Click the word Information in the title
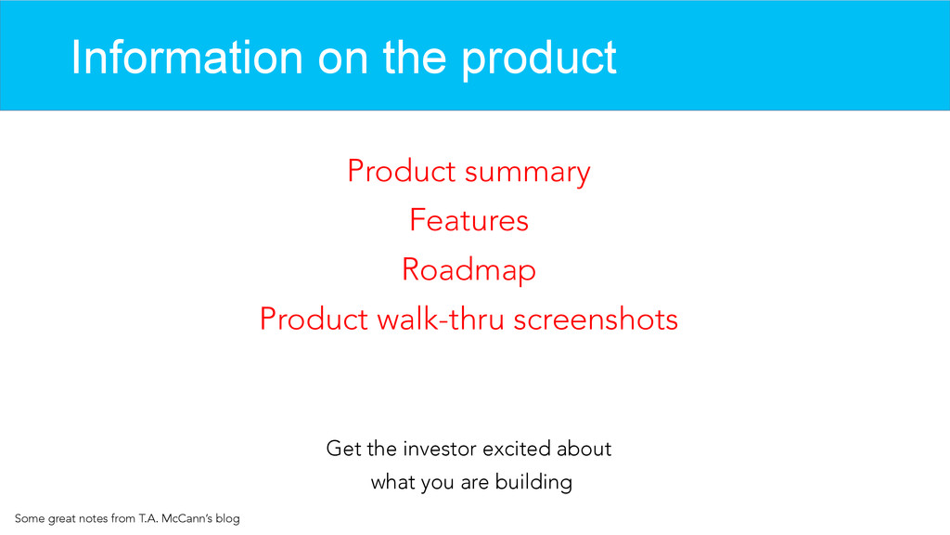pyautogui.click(x=186, y=58)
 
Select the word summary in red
pyautogui.click(x=527, y=173)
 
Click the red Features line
pyautogui.click(x=469, y=220)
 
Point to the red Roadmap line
pyautogui.click(x=469, y=270)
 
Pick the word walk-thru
pyautogui.click(x=441, y=320)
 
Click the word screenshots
pyautogui.click(x=596, y=320)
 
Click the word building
pyautogui.click(x=533, y=483)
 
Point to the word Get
pyautogui.click(x=343, y=449)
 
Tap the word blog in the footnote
pyautogui.click(x=228, y=519)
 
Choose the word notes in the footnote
pyautogui.click(x=93, y=519)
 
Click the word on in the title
pyautogui.click(x=342, y=59)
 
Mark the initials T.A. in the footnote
pyautogui.click(x=148, y=518)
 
